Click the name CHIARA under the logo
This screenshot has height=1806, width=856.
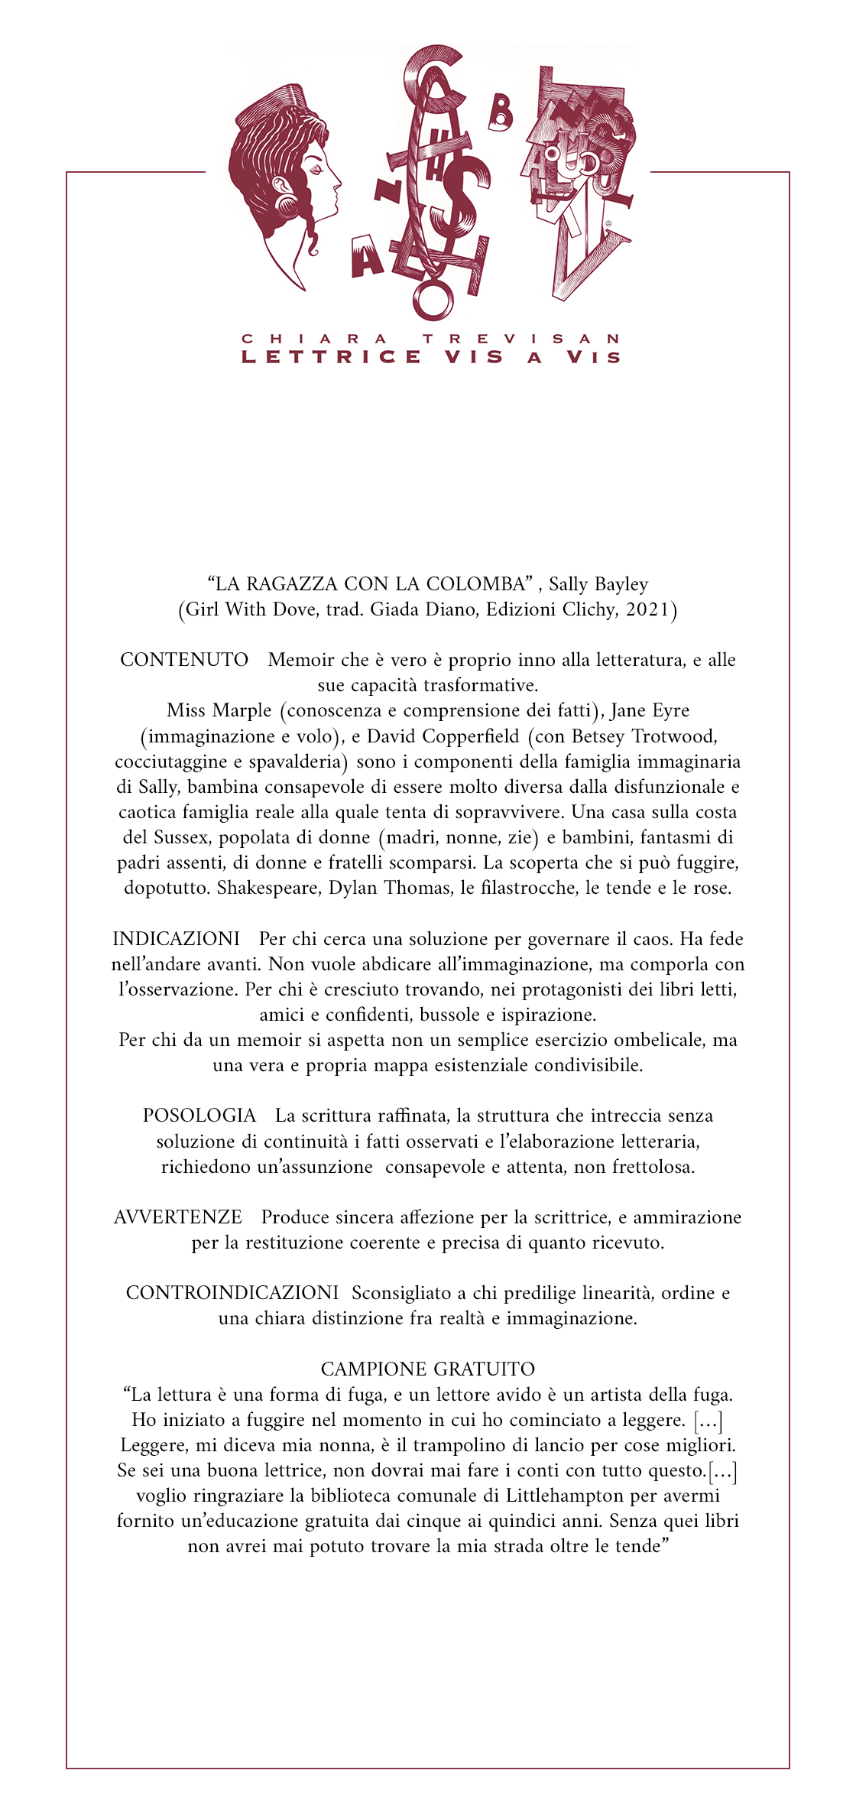pos(314,339)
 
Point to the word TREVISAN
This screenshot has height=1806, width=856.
pos(522,339)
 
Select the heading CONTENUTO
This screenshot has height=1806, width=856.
pos(184,660)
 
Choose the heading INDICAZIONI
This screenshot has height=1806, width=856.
pos(176,938)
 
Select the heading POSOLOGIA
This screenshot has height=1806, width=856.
pos(199,1116)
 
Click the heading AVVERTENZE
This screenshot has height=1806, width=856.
pos(177,1216)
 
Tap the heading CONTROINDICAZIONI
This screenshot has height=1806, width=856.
pos(232,1292)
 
